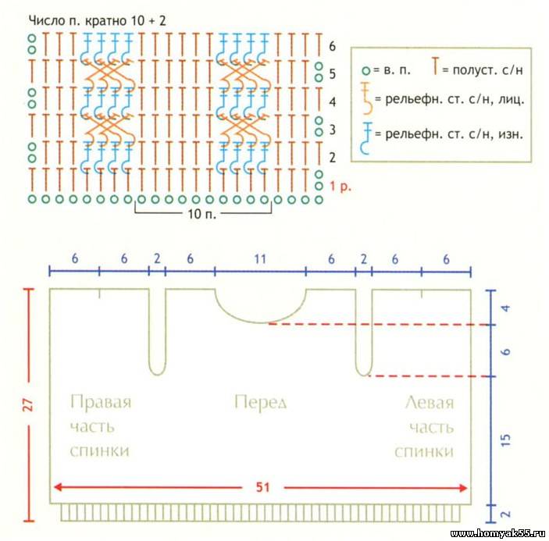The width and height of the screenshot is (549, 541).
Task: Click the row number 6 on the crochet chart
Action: [x=333, y=46]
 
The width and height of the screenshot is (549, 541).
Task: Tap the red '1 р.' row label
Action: [x=340, y=187]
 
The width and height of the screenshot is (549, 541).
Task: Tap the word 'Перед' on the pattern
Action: [x=261, y=403]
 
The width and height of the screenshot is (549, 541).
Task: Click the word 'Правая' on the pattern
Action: [x=101, y=403]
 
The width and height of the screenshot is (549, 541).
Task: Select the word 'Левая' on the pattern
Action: [x=429, y=403]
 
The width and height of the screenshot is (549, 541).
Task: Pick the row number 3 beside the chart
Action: [x=332, y=129]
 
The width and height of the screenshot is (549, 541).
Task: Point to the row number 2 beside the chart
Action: [x=332, y=158]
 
